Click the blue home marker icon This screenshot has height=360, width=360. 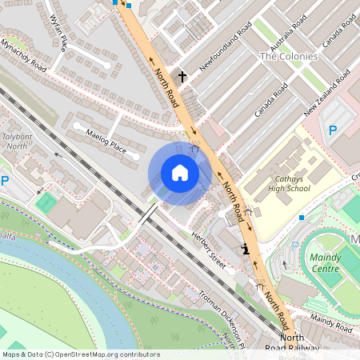pyautogui.click(x=180, y=173)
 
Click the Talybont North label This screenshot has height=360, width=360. pyautogui.click(x=17, y=142)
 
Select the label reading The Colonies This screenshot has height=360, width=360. pyautogui.click(x=289, y=57)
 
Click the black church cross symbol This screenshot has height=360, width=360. pyautogui.click(x=182, y=77)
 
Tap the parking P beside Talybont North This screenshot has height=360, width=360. pyautogui.click(x=5, y=182)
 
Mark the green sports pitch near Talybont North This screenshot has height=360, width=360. pyautogui.click(x=47, y=202)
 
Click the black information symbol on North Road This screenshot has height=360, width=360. pyautogui.click(x=245, y=250)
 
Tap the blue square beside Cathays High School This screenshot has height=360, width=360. pyautogui.click(x=301, y=217)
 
